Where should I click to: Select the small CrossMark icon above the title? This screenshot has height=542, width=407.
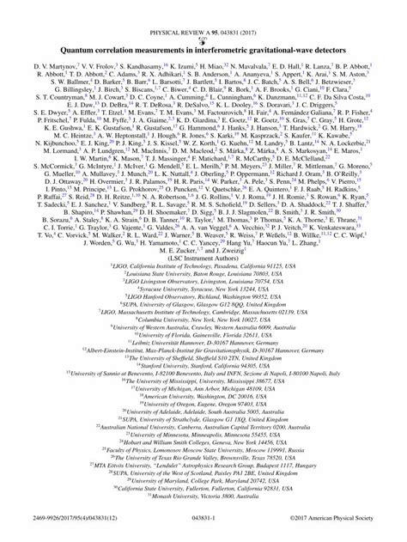click(203, 15)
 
